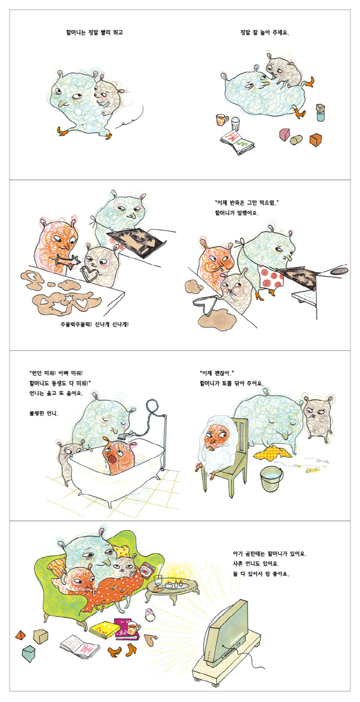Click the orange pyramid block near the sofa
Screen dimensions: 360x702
click(x=21, y=635)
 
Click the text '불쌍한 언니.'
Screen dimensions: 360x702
click(x=44, y=413)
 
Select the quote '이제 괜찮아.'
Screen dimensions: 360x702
click(x=217, y=373)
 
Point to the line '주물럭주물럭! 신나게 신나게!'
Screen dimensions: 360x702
click(x=94, y=325)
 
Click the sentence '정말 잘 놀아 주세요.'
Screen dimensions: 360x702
click(x=264, y=32)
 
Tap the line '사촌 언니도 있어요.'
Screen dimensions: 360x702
click(x=256, y=564)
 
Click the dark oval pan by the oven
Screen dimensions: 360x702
click(x=338, y=270)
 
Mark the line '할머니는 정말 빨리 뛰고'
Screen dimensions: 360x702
click(x=94, y=32)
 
